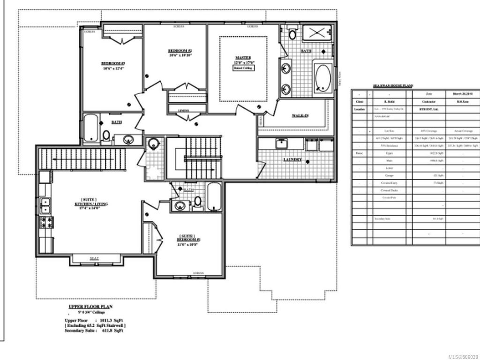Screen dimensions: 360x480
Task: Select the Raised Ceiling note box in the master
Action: pyautogui.click(x=243, y=68)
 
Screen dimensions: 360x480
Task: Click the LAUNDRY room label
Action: pyautogui.click(x=292, y=160)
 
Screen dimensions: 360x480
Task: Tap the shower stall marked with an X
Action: pyautogui.click(x=317, y=34)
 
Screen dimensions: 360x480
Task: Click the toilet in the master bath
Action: pyautogui.click(x=292, y=34)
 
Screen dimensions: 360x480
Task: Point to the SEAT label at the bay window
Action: pyautogui.click(x=94, y=258)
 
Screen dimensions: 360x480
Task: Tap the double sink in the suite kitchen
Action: pyautogui.click(x=45, y=204)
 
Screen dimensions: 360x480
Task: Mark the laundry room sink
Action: pyautogui.click(x=283, y=144)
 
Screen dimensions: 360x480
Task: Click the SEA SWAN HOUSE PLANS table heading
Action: pyautogui.click(x=392, y=86)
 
